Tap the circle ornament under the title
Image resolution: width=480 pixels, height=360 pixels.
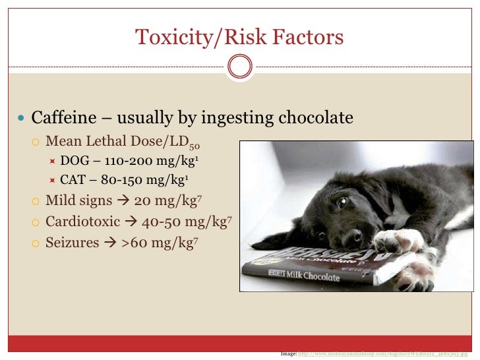(x=239, y=66)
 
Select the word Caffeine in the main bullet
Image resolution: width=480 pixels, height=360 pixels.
(x=63, y=119)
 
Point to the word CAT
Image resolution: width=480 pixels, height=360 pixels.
(x=74, y=179)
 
